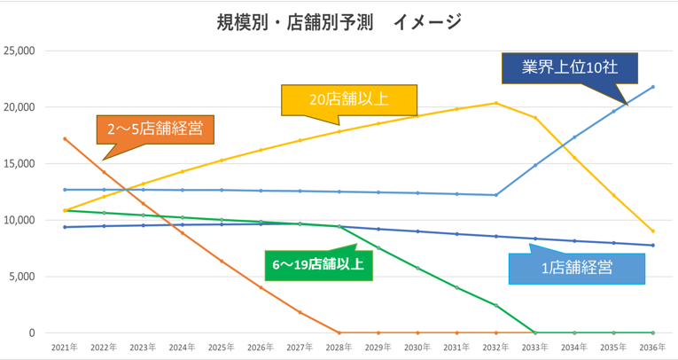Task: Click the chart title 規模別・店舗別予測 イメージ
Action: [x=339, y=22]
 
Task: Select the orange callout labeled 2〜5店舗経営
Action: [x=155, y=129]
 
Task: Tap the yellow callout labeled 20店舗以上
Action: [x=348, y=99]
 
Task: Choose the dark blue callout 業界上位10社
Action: [x=569, y=67]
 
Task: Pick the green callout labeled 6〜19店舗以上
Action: [x=320, y=262]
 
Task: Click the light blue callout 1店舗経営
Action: [x=576, y=265]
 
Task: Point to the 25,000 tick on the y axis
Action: [x=19, y=51]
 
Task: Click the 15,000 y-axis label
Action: [x=19, y=164]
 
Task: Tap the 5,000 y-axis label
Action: [x=22, y=277]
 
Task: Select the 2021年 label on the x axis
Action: [x=65, y=348]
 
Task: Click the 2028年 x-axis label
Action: [x=339, y=348]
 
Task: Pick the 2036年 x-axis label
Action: [x=653, y=348]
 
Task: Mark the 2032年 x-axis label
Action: [x=496, y=348]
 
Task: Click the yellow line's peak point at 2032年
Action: [x=496, y=103]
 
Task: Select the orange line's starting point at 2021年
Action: [x=65, y=139]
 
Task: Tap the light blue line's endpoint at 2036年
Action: [x=653, y=87]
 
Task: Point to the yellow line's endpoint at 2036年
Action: [x=653, y=231]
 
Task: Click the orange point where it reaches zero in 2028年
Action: [x=339, y=333]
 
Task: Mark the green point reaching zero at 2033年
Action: [x=535, y=333]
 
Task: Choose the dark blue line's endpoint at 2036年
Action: [x=653, y=246]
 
